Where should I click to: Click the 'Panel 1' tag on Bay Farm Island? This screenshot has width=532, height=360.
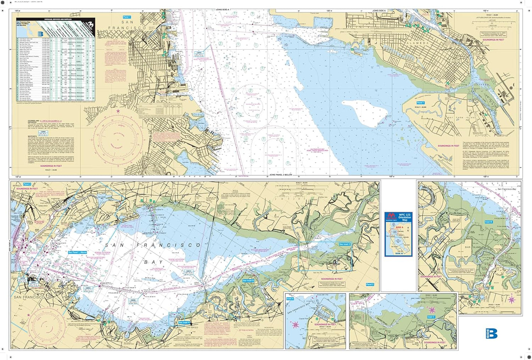click(420, 103)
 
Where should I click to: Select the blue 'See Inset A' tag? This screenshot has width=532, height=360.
click(184, 322)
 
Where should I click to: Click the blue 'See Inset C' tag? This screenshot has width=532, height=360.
click(345, 244)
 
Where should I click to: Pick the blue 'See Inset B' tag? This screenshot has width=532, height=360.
click(248, 281)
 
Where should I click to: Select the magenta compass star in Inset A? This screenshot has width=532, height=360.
click(295, 324)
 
